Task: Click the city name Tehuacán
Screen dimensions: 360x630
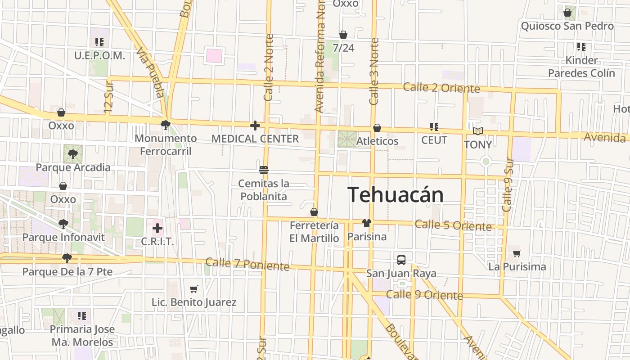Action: pos(396,195)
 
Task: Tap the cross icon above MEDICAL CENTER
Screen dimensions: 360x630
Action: pos(255,126)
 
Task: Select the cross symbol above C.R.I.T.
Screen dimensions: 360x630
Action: pos(157,228)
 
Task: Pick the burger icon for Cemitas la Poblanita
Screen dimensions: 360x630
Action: pos(264,170)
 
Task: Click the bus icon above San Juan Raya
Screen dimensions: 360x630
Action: pos(401,260)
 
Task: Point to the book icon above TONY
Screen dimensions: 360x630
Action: pos(478,131)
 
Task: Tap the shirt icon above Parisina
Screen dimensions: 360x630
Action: pos(367,223)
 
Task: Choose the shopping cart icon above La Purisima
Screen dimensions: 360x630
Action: pos(517,253)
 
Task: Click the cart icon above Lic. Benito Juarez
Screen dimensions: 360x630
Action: pos(194,289)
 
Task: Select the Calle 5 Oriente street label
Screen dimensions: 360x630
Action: pos(453,225)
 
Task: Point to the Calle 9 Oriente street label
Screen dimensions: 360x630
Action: pos(424,295)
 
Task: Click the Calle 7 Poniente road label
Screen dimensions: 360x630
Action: pos(247,264)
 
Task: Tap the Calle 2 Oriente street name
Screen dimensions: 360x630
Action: pos(441,88)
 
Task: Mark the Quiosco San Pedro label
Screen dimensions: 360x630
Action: pos(567,26)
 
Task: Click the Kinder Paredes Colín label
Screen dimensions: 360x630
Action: pos(581,67)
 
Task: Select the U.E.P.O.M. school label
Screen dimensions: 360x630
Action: pos(99,56)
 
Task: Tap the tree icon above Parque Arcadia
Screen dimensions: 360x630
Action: pos(72,154)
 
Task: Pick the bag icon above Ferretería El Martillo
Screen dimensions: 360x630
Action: pos(314,212)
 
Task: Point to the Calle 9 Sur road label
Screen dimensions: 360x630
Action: pos(508,184)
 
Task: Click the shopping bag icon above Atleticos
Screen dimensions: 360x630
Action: pos(377,128)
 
